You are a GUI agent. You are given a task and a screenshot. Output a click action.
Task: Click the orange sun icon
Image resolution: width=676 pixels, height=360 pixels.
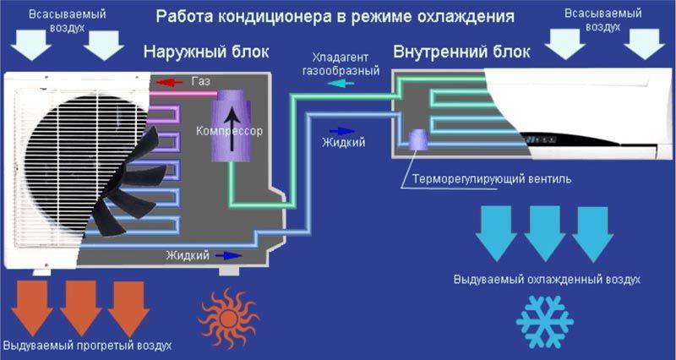tap(228, 319)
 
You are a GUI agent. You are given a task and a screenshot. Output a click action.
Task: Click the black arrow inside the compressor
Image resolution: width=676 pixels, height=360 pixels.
tap(232, 128)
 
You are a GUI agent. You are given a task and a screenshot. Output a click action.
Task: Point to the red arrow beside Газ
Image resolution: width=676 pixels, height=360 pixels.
tap(168, 82)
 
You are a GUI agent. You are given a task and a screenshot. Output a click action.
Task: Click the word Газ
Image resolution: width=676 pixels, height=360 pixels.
tap(201, 81)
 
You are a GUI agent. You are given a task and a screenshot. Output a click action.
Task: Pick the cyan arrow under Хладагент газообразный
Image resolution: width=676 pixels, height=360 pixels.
tap(341, 83)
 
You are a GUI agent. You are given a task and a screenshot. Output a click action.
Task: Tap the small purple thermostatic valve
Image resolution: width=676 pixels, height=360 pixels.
tap(417, 139)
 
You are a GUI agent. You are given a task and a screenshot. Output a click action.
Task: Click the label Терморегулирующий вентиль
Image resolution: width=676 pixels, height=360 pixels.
tap(492, 179)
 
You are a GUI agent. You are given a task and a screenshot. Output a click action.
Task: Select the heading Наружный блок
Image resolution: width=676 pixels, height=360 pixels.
tap(206, 52)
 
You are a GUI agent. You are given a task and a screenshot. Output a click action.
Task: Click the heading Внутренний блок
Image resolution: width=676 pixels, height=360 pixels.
tap(461, 52)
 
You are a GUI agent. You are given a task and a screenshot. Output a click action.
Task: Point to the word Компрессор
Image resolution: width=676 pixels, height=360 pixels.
tap(229, 131)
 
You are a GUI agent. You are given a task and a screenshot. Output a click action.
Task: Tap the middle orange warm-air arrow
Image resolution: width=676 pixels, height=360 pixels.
tap(80, 308)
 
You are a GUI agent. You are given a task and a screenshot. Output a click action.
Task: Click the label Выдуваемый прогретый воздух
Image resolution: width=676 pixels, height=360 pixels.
tap(87, 346)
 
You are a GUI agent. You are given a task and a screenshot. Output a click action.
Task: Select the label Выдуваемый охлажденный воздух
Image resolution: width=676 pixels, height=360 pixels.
tap(547, 280)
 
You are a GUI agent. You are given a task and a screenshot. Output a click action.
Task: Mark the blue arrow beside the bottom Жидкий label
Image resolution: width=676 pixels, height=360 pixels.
tap(228, 256)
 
